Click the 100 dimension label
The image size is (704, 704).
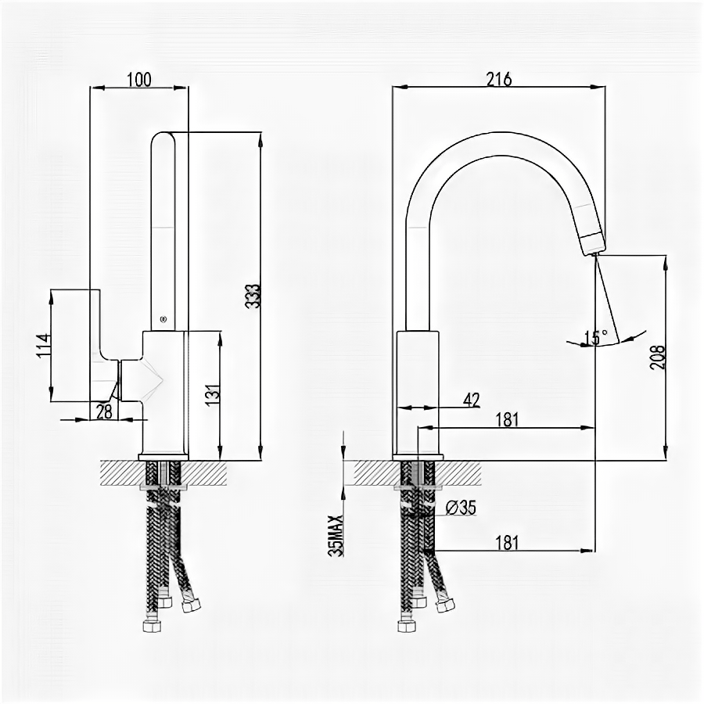(x=139, y=78)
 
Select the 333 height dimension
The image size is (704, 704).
(x=253, y=296)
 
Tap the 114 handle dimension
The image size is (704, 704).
(x=43, y=346)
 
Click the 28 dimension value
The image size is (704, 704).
(x=104, y=411)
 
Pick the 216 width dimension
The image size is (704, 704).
(x=498, y=78)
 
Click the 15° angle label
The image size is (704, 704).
(x=597, y=337)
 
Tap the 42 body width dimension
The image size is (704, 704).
(x=471, y=400)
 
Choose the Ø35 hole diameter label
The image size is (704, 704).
(x=461, y=507)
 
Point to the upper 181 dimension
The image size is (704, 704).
(x=507, y=419)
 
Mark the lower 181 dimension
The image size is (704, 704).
(x=507, y=542)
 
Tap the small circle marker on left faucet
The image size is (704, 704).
(x=163, y=318)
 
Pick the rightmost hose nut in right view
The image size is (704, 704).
(x=446, y=605)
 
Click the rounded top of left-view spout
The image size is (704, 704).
(x=163, y=138)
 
